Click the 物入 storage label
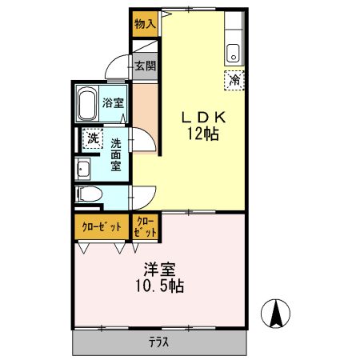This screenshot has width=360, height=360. click(145, 24)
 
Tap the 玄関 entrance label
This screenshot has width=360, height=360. click(145, 66)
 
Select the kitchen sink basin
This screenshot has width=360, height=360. click(234, 53)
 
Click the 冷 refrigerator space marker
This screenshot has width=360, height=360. click(234, 80)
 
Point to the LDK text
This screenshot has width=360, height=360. click(204, 118)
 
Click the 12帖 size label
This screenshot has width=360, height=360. click(203, 134)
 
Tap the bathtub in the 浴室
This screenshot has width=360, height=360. click(87, 103)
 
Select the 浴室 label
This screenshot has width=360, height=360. click(113, 103)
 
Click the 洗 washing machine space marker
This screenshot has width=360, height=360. click(93, 138)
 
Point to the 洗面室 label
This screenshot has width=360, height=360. click(116, 154)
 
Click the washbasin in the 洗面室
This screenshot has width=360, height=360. click(82, 169)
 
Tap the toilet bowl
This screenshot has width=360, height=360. click(89, 194)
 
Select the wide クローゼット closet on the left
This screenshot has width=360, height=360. click(102, 227)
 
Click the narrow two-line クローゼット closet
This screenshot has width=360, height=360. click(146, 227)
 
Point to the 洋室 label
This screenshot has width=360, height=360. click(160, 270)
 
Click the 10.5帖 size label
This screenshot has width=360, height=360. click(160, 286)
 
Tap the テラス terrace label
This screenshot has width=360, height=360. click(159, 342)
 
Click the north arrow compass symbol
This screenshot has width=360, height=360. click(275, 314)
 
